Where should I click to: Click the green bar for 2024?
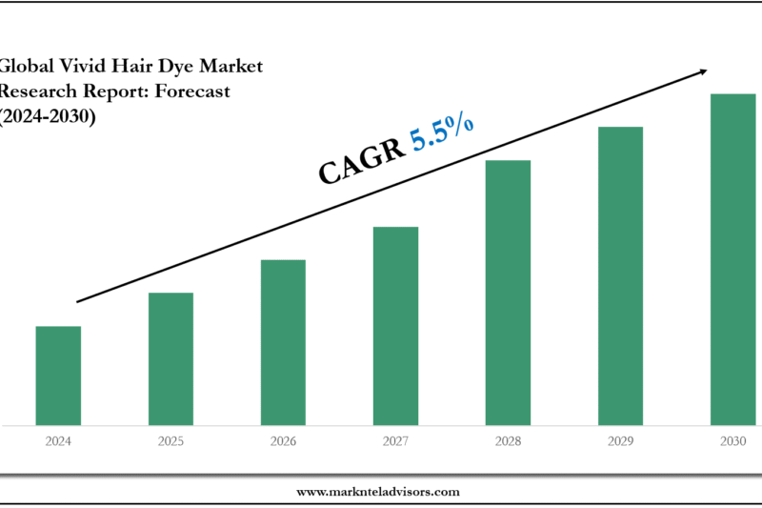click(58, 376)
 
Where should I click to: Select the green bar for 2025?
click(170, 358)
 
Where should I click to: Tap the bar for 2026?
click(283, 342)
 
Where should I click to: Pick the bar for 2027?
click(395, 325)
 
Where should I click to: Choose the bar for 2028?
click(508, 292)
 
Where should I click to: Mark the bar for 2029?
click(620, 275)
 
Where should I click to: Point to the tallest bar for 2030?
click(732, 258)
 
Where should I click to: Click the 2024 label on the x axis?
click(58, 442)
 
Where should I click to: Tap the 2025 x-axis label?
click(170, 442)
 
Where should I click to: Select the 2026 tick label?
click(283, 442)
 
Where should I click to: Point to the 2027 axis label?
click(395, 442)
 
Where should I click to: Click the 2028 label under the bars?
click(508, 442)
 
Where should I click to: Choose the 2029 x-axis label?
click(620, 442)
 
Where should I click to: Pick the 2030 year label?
click(732, 442)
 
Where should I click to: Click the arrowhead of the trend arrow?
click(705, 70)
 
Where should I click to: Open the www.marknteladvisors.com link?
click(378, 492)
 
